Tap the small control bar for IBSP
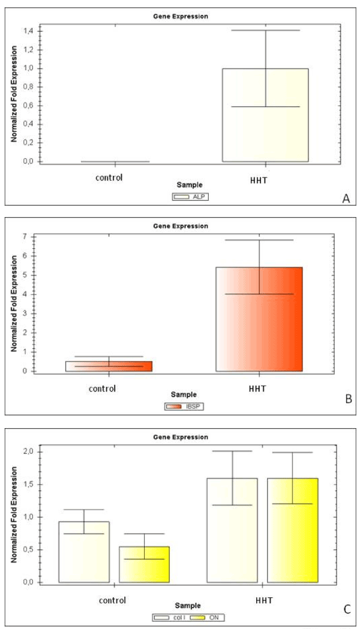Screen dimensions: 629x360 coord(109,366)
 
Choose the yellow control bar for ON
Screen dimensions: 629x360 coord(144,564)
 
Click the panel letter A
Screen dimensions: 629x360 coord(346,198)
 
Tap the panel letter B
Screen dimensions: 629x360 coord(347,398)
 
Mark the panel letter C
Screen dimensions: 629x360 coord(347,610)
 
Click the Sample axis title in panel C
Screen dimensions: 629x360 coord(188,606)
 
